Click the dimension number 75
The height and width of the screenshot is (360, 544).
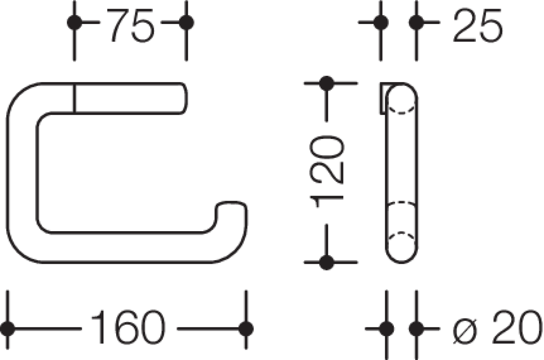click(x=130, y=25)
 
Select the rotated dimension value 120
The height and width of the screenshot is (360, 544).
click(x=327, y=171)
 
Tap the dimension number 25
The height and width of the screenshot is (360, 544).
click(x=478, y=25)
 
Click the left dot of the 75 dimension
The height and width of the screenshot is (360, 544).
click(x=75, y=22)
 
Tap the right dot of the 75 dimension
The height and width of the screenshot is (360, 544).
click(x=186, y=22)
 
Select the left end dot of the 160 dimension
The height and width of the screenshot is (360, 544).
click(x=8, y=329)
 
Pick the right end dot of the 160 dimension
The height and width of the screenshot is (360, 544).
click(x=246, y=329)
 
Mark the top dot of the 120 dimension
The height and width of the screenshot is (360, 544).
click(x=327, y=83)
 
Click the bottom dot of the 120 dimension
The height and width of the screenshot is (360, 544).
click(x=327, y=262)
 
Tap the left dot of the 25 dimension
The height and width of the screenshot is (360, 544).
click(x=381, y=22)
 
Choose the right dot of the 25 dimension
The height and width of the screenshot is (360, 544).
click(x=416, y=22)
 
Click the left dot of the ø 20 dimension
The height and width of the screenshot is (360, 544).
click(x=387, y=329)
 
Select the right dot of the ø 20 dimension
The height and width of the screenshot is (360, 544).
click(x=416, y=329)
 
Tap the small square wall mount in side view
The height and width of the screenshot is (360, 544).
click(x=382, y=98)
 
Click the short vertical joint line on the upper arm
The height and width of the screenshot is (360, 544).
click(x=75, y=98)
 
